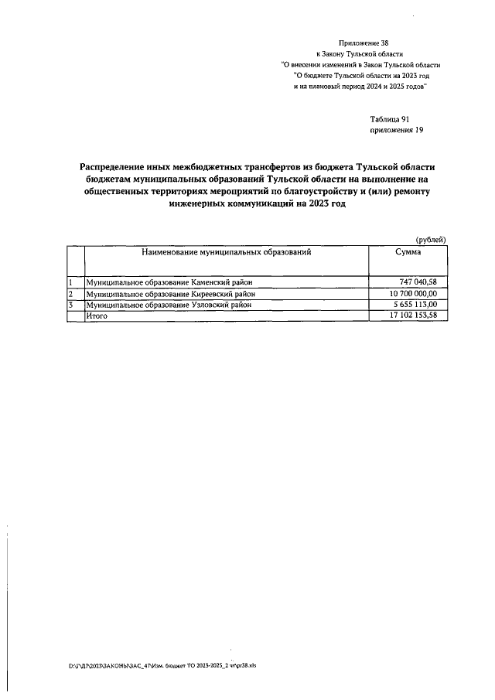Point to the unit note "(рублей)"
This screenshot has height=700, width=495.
pyautogui.click(x=431, y=240)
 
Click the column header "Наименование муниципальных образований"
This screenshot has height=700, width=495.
pyautogui.click(x=226, y=253)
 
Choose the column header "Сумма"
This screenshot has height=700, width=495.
pyautogui.click(x=408, y=253)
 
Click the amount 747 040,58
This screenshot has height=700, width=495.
pyautogui.click(x=418, y=283)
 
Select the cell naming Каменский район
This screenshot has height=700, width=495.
pyautogui.click(x=169, y=283)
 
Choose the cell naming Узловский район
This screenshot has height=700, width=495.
pyautogui.click(x=169, y=305)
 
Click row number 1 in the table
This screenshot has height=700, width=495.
pyautogui.click(x=70, y=283)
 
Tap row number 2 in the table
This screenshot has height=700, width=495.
pyautogui.click(x=70, y=294)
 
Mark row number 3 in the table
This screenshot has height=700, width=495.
pyautogui.click(x=70, y=305)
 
